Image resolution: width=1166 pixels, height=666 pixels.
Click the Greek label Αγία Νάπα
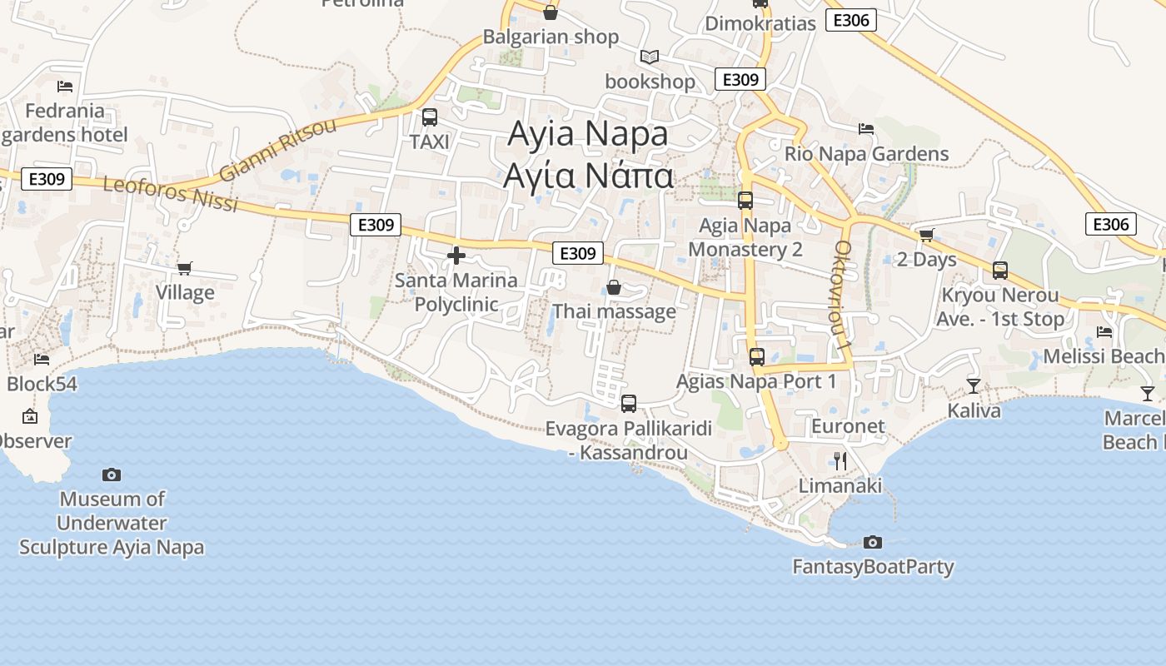(588, 176)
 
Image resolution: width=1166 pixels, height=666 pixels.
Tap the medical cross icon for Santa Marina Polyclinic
(456, 256)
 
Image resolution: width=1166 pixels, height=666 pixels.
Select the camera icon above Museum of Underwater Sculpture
(112, 475)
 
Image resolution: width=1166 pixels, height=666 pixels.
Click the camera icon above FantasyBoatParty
(872, 542)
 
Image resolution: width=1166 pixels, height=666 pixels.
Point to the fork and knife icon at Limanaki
(840, 460)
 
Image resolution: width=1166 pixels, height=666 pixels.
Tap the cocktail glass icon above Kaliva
(973, 385)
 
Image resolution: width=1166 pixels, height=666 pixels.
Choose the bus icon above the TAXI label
(430, 117)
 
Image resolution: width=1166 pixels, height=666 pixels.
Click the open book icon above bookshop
(650, 57)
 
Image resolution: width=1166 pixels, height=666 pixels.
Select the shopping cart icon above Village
(185, 268)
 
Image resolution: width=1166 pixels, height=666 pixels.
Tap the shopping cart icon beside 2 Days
(926, 235)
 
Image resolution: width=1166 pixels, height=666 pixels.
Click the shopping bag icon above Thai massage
(614, 287)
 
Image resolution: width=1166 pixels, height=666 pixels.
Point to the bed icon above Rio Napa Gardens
(866, 129)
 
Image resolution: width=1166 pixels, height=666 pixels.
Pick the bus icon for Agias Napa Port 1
(756, 357)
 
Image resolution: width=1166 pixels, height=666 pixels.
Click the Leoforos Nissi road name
(170, 193)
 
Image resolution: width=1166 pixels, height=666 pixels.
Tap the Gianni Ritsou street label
(278, 149)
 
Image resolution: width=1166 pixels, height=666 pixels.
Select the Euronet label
(848, 425)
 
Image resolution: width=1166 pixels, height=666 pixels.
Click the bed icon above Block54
(42, 359)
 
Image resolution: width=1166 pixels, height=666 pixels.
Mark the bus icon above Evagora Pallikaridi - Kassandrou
(629, 404)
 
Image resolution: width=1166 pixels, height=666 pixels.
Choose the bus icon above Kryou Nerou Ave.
(999, 271)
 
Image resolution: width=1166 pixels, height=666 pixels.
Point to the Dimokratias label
(760, 23)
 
